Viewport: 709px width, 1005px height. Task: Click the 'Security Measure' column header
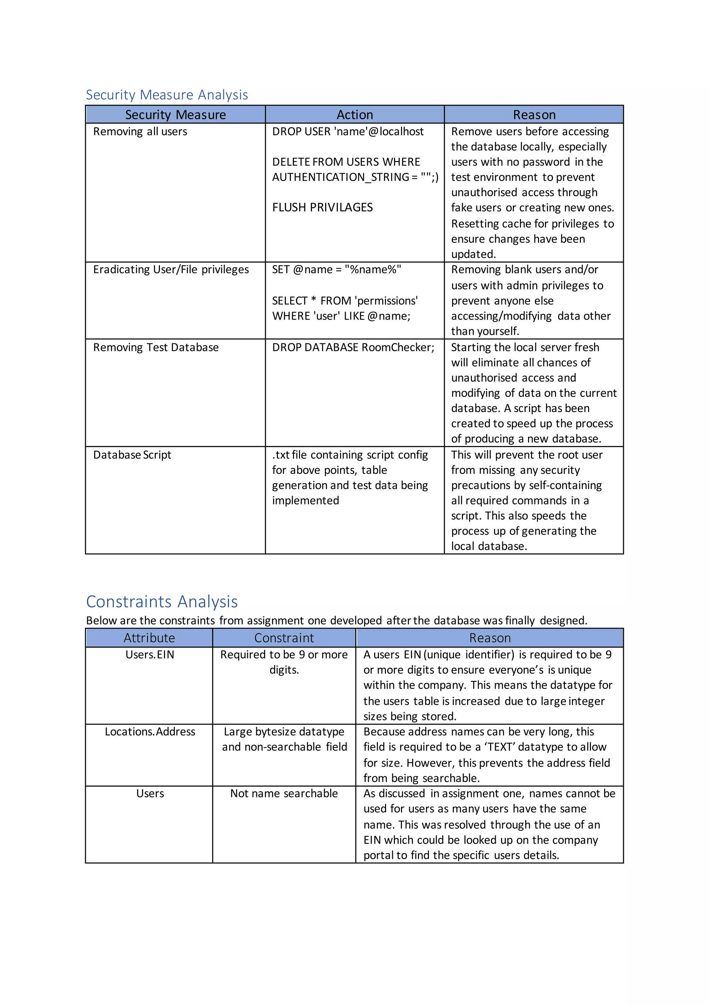click(x=176, y=115)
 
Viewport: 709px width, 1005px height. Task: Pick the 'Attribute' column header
click(x=149, y=638)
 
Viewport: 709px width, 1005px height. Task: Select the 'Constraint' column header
click(x=284, y=638)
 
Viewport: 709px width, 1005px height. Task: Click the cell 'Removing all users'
click(x=140, y=131)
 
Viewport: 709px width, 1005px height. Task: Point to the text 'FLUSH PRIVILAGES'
click(x=322, y=208)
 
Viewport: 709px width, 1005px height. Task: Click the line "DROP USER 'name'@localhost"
click(x=348, y=131)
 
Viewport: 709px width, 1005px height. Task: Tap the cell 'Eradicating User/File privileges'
click(x=171, y=269)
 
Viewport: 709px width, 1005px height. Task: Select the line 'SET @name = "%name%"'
click(x=336, y=269)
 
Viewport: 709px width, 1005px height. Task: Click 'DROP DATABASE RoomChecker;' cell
click(x=353, y=347)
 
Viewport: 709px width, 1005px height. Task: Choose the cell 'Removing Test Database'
click(x=156, y=347)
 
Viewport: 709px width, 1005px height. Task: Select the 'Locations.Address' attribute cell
click(x=150, y=732)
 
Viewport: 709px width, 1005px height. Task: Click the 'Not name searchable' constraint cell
click(x=284, y=793)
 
